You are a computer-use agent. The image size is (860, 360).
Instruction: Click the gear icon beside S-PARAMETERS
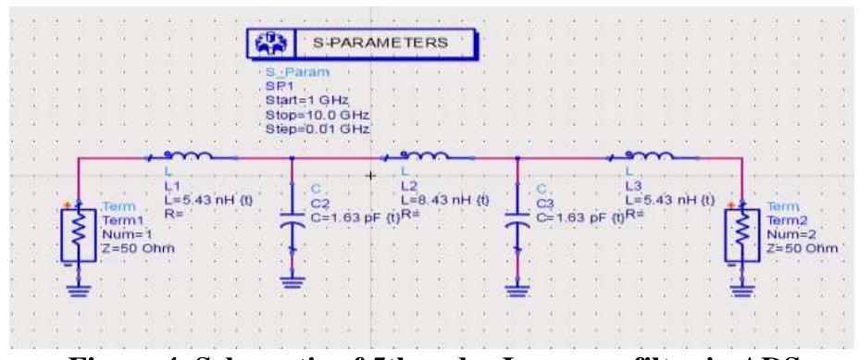269,44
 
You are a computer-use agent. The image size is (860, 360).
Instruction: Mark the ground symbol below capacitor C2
293,283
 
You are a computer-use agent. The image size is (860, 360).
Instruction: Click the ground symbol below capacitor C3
517,283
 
